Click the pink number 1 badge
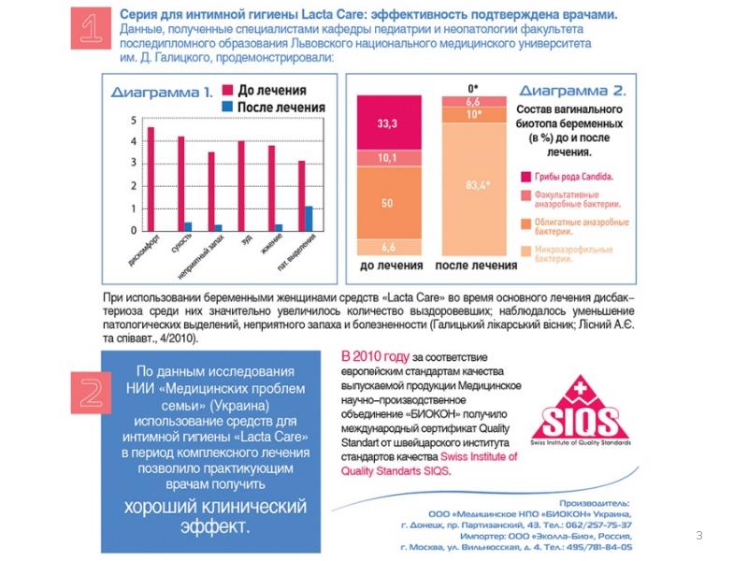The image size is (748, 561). pos(90,31)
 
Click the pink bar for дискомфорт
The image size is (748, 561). pos(151,178)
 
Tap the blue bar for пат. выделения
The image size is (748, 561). pos(309,218)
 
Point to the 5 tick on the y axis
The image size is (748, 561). pos(134,119)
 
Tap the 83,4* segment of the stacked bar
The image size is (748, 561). pos(477,185)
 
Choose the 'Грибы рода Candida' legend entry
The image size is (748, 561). pos(572,176)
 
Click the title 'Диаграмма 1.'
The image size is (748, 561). pos(162,93)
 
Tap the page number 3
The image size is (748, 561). pos(698,535)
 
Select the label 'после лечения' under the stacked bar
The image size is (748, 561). pos(477,266)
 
